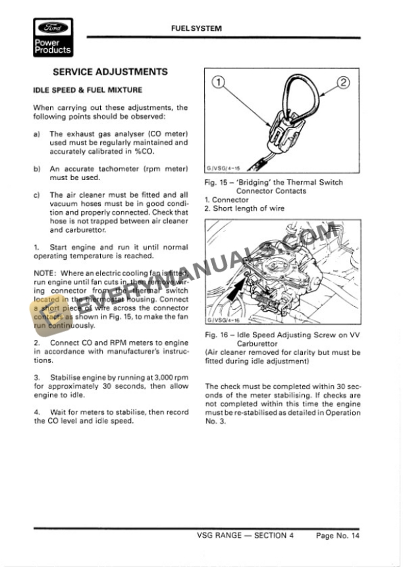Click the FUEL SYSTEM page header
coord(196,28)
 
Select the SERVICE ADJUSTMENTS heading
coord(110,72)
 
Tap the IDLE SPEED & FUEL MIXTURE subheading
coord(88,90)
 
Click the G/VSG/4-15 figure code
coord(223,169)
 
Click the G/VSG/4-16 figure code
coord(223,321)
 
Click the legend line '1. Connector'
coord(227,200)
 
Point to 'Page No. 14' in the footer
coord(338,536)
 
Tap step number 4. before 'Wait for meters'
coord(37,412)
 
